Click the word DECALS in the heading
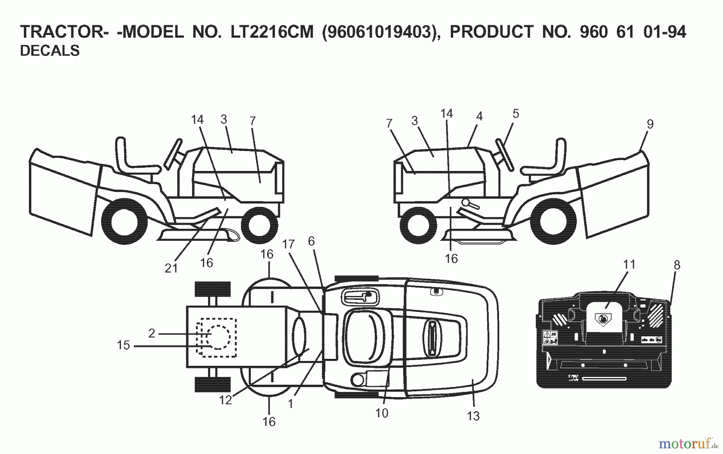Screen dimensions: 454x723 pyautogui.click(x=50, y=51)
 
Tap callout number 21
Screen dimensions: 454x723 pyautogui.click(x=172, y=268)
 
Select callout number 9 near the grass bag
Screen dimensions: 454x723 pyautogui.click(x=650, y=124)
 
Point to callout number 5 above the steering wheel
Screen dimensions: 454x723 pyautogui.click(x=516, y=114)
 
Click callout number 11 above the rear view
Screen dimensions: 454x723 pyautogui.click(x=629, y=265)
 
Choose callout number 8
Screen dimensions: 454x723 pyautogui.click(x=677, y=265)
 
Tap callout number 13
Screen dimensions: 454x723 pyautogui.click(x=473, y=416)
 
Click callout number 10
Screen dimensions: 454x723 pyautogui.click(x=382, y=413)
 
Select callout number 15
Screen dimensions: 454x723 pyautogui.click(x=123, y=345)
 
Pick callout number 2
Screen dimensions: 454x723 pyautogui.click(x=151, y=333)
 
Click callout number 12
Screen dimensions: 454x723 pyautogui.click(x=225, y=400)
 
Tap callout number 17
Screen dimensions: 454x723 pyautogui.click(x=288, y=244)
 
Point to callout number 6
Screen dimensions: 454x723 pyautogui.click(x=311, y=241)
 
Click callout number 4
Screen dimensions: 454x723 pyautogui.click(x=479, y=116)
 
